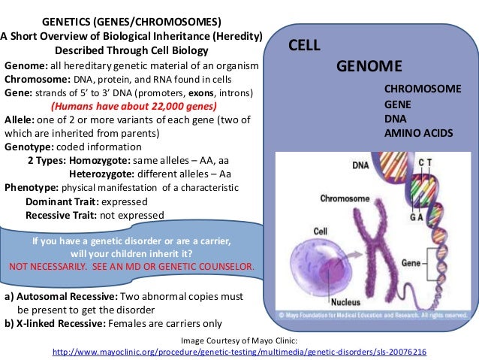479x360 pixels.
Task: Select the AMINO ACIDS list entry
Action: point(418,132)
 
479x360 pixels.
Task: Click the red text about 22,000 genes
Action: point(133,106)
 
